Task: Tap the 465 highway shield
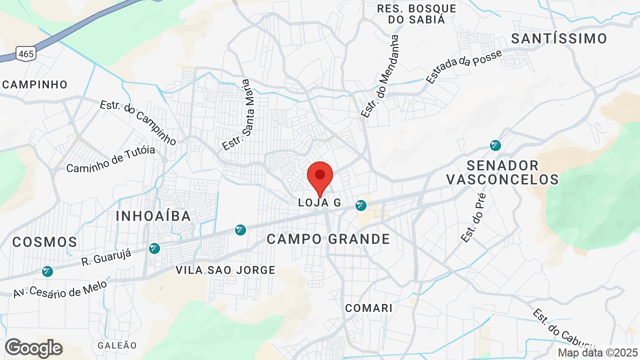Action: click(x=25, y=53)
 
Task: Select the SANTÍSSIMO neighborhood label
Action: click(x=559, y=38)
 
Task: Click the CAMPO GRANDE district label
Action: click(x=328, y=239)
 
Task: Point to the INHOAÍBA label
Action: click(x=153, y=216)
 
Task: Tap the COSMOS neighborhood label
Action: click(x=44, y=242)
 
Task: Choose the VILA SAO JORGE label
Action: click(x=225, y=270)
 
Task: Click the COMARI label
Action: click(x=369, y=307)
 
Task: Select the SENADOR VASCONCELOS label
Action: click(x=502, y=172)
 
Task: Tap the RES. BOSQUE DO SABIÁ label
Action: click(x=416, y=14)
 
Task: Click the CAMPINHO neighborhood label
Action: click(x=34, y=84)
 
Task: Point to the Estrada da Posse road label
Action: click(x=464, y=66)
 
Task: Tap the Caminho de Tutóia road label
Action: click(x=110, y=159)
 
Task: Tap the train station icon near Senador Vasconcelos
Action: click(x=495, y=145)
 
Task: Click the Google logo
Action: click(x=33, y=348)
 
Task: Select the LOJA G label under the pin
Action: click(x=319, y=202)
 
